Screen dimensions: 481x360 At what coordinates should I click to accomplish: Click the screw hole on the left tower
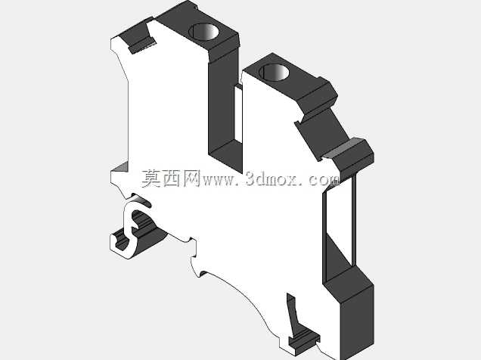203,32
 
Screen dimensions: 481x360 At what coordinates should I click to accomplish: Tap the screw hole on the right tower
274,73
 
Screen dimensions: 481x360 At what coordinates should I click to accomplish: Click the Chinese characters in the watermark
171,178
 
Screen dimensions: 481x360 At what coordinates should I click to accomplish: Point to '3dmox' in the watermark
272,178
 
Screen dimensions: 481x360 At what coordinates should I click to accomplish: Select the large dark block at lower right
349,310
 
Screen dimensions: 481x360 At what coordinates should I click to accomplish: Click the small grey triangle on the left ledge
121,166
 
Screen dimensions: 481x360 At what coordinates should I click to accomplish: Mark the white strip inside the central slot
238,114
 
